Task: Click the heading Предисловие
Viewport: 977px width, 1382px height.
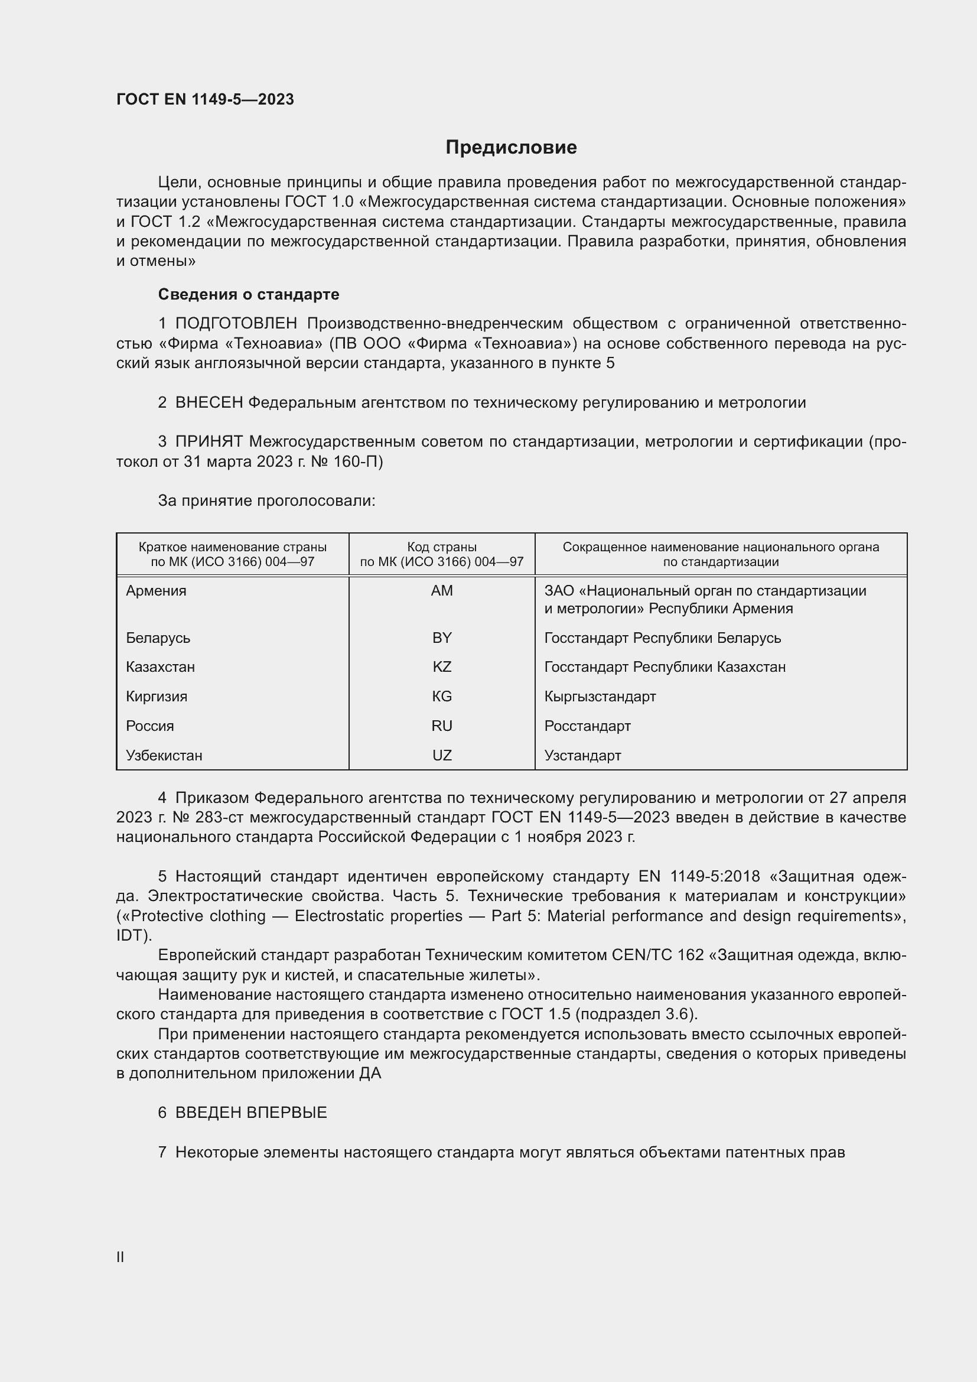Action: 511,148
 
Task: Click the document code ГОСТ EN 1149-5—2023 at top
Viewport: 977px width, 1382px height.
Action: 205,99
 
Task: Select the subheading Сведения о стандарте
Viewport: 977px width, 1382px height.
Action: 249,294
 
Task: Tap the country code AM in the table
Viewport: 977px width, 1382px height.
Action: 442,590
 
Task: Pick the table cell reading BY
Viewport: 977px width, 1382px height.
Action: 442,638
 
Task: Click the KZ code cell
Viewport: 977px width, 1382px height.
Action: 442,667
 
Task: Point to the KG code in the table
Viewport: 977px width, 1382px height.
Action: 442,697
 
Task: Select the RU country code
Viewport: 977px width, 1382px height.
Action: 442,726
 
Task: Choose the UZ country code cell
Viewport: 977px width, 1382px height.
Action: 442,756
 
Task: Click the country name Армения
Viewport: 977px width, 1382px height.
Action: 157,590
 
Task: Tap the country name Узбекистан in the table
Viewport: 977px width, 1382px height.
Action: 164,756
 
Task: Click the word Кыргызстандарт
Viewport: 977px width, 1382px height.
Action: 600,697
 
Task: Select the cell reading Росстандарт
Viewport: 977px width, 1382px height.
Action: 587,726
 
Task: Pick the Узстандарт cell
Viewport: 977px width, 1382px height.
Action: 582,756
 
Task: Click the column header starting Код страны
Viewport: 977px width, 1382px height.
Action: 442,554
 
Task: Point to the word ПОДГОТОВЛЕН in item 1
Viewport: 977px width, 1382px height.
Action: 236,324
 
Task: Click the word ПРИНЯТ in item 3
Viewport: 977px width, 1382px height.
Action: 209,442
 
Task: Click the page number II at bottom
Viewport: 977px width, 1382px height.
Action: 121,1257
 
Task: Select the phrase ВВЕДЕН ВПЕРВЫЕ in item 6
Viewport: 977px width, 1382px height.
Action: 251,1113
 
